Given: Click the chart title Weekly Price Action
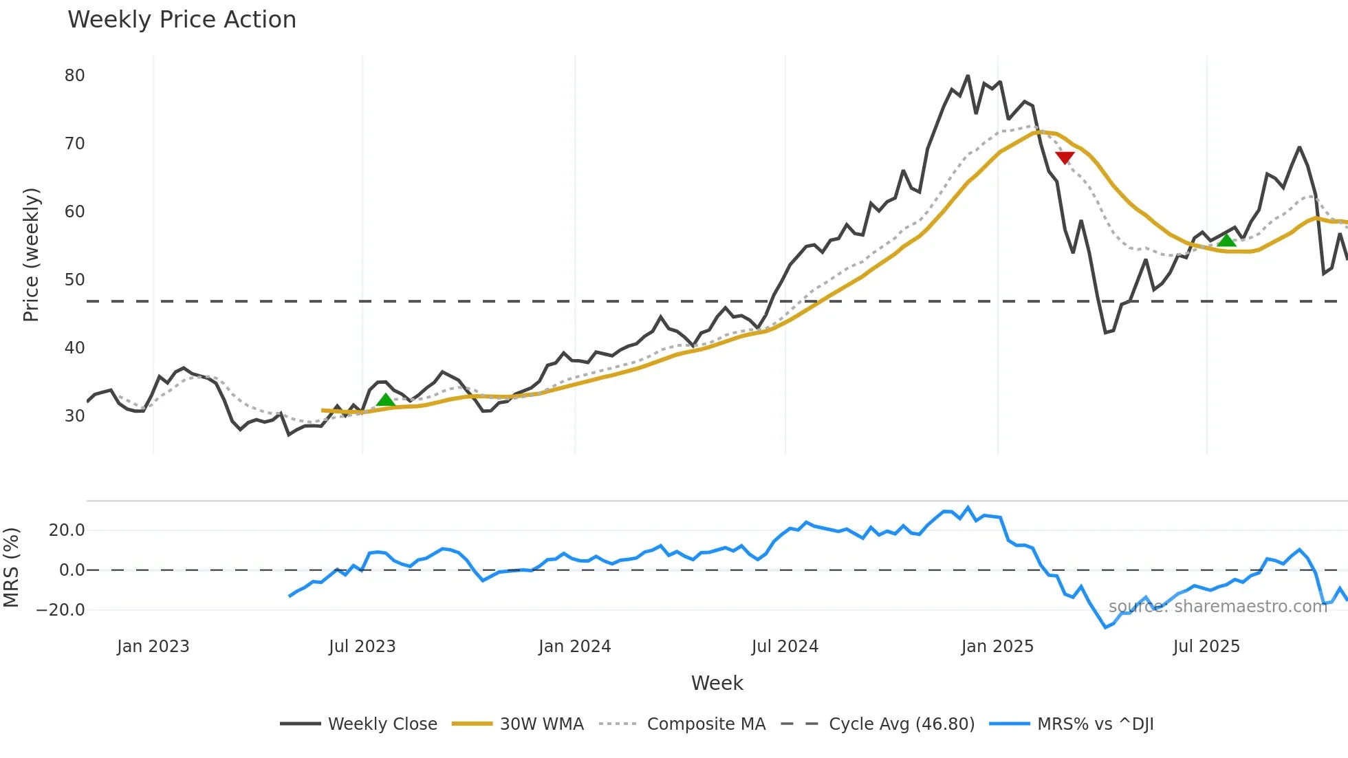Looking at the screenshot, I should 182,20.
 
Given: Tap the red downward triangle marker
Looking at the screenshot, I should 1065,158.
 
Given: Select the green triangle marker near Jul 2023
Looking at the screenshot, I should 386,400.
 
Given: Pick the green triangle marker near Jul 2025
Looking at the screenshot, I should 1226,240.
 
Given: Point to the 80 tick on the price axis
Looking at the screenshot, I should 74,76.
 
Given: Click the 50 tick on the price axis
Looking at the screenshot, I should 74,280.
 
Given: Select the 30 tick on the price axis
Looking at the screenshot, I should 74,416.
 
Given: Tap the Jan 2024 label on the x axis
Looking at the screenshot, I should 574,647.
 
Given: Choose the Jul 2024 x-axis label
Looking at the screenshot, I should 785,647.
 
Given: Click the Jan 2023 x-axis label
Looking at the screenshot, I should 153,647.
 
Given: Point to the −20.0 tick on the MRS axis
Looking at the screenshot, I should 61,610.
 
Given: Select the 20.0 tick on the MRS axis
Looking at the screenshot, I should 67,530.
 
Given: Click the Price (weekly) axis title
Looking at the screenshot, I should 31,255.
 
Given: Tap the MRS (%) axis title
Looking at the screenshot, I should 11,567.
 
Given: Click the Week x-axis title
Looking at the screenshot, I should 717,683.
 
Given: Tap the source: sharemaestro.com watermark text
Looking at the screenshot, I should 1217,606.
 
